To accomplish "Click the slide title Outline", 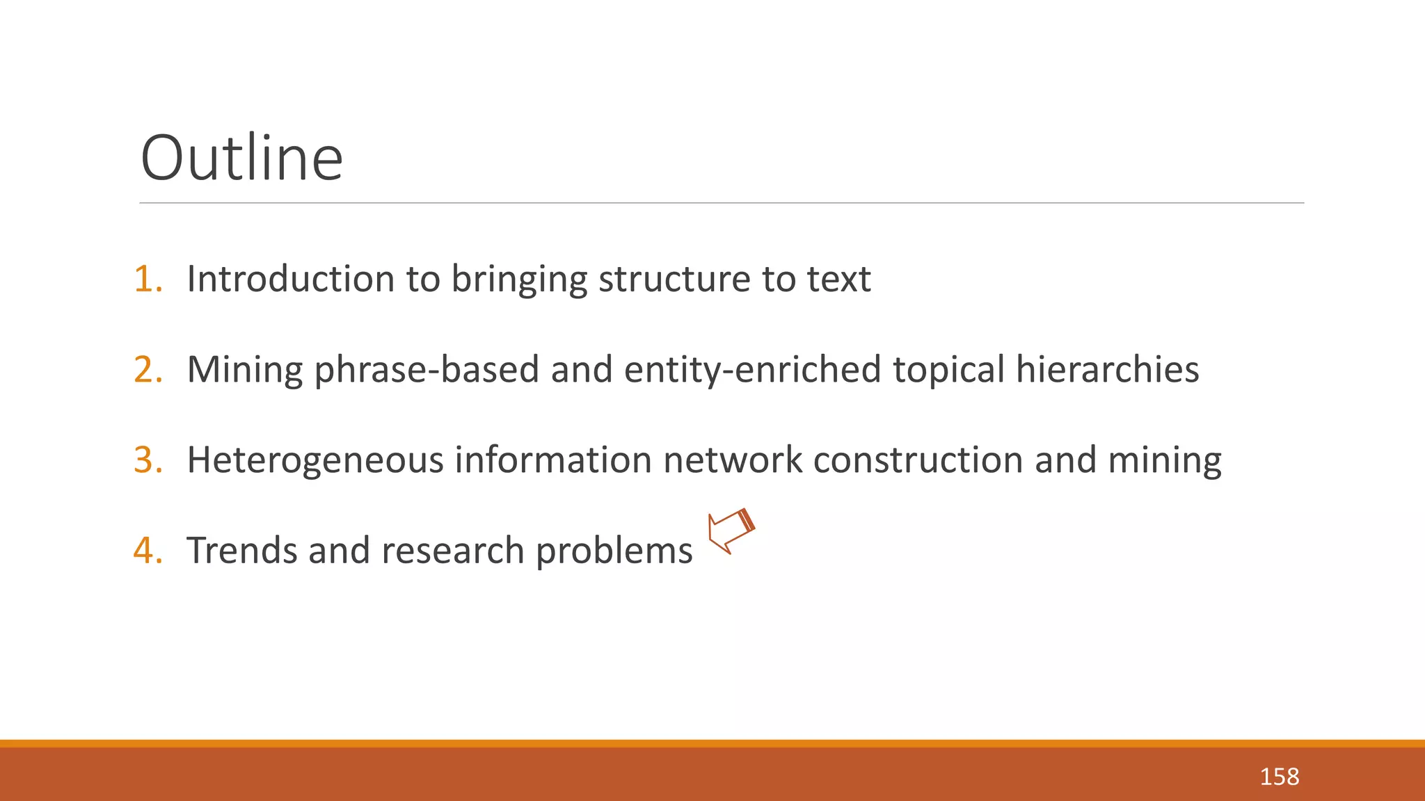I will (x=241, y=159).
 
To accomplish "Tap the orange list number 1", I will (x=148, y=279).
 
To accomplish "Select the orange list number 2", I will (x=148, y=369).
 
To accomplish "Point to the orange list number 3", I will (x=148, y=460).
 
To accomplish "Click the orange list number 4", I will (x=148, y=550).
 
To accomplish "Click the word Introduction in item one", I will (x=291, y=279).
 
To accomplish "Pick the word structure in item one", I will (x=674, y=279).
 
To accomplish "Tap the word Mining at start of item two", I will (x=244, y=369).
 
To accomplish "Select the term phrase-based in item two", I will (x=427, y=369).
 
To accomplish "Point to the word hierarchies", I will (x=1107, y=369).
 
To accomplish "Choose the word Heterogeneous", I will (x=315, y=460).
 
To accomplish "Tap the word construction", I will (x=918, y=460).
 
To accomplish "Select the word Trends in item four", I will (x=241, y=550).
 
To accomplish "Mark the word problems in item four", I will (x=614, y=551).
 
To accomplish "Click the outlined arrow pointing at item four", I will (x=731, y=531).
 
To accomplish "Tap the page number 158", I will (x=1279, y=777).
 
